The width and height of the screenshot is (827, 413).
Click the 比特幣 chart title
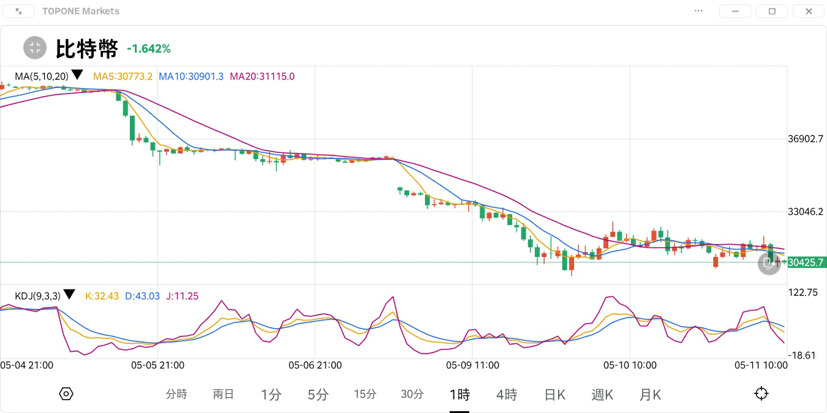pyautogui.click(x=86, y=48)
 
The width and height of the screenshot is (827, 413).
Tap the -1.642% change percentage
pyautogui.click(x=149, y=48)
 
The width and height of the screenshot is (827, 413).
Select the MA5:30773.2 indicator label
pyautogui.click(x=123, y=76)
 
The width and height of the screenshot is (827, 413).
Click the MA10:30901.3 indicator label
pyautogui.click(x=191, y=76)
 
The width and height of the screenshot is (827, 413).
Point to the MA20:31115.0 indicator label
pyautogui.click(x=262, y=76)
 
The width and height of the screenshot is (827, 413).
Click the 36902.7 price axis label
pyautogui.click(x=806, y=139)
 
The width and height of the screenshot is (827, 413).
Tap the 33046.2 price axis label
pyautogui.click(x=806, y=212)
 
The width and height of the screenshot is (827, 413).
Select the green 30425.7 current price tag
pyautogui.click(x=806, y=262)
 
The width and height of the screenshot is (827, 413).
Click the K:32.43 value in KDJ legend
pyautogui.click(x=102, y=296)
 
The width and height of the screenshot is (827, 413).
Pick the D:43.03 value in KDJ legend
pyautogui.click(x=142, y=296)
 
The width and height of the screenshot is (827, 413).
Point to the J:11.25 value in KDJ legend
pyautogui.click(x=182, y=296)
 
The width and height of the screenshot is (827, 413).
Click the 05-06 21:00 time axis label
pyautogui.click(x=315, y=365)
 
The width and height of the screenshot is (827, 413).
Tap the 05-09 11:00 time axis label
pyautogui.click(x=472, y=365)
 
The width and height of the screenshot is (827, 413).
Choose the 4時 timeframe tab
pyautogui.click(x=507, y=395)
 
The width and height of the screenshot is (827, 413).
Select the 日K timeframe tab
pyautogui.click(x=554, y=395)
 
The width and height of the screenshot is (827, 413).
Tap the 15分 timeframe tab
pyautogui.click(x=365, y=395)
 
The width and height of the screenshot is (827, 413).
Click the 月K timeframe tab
pyautogui.click(x=650, y=395)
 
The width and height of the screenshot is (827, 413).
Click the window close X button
pyautogui.click(x=809, y=11)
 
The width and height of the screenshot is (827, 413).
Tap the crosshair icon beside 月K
pyautogui.click(x=761, y=393)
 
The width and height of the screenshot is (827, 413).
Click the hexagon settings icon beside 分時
pyautogui.click(x=66, y=393)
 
